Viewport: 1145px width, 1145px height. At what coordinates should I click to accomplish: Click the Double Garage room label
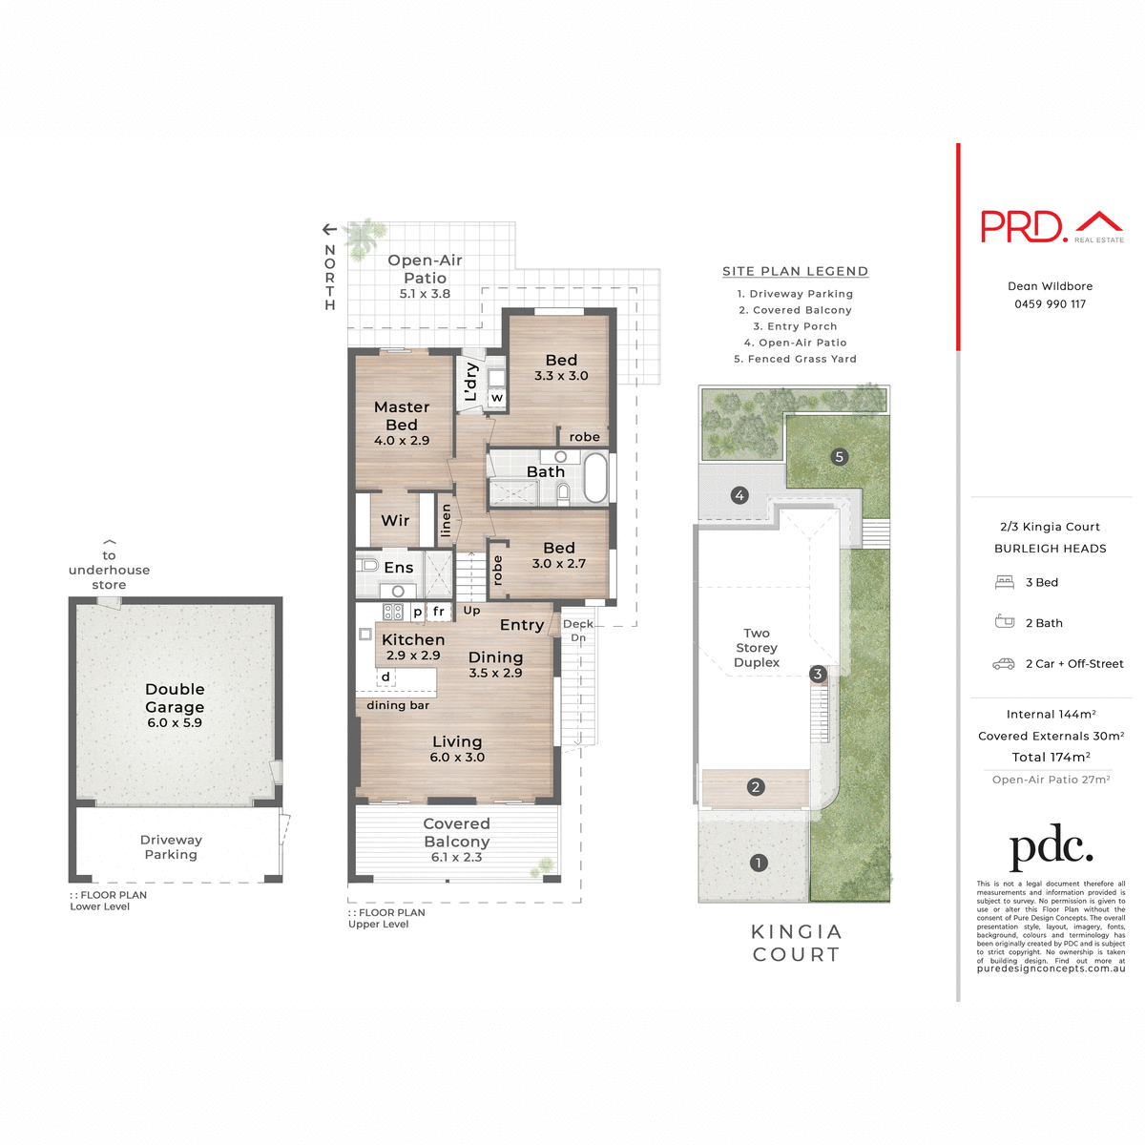[x=175, y=698]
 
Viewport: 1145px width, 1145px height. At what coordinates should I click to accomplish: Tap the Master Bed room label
[x=402, y=416]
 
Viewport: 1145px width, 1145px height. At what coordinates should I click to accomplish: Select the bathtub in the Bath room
[x=595, y=477]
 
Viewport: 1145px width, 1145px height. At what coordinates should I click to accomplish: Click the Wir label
[x=395, y=521]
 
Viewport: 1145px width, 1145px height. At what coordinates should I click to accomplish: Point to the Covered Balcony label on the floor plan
[x=456, y=833]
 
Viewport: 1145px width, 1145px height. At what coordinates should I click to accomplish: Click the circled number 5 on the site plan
[x=840, y=457]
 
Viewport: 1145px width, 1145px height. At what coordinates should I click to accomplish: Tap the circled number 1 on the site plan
[x=759, y=863]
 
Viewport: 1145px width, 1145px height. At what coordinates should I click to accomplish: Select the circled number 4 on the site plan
[x=739, y=495]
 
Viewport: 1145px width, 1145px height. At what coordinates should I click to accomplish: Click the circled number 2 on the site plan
[x=756, y=787]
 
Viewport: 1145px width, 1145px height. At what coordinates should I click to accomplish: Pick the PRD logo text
[x=1023, y=227]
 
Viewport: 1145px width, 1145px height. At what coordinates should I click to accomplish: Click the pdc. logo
[x=1051, y=846]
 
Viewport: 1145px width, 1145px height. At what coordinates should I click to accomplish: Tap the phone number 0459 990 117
[x=1050, y=304]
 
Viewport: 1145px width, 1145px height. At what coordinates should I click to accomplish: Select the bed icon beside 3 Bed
[x=1004, y=582]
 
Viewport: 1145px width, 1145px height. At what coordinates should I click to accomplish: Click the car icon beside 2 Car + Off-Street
[x=1004, y=664]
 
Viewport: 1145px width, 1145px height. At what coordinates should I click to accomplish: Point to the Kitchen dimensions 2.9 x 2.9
[x=413, y=656]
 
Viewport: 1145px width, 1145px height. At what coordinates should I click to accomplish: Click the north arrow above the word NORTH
[x=329, y=229]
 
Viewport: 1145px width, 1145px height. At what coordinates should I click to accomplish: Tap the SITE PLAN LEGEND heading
[x=795, y=272]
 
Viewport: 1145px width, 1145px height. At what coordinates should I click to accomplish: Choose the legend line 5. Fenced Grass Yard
[x=795, y=359]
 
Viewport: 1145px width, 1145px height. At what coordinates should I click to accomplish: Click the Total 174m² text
[x=1051, y=758]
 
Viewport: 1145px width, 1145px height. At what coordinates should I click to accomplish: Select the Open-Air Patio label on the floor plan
[x=425, y=269]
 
